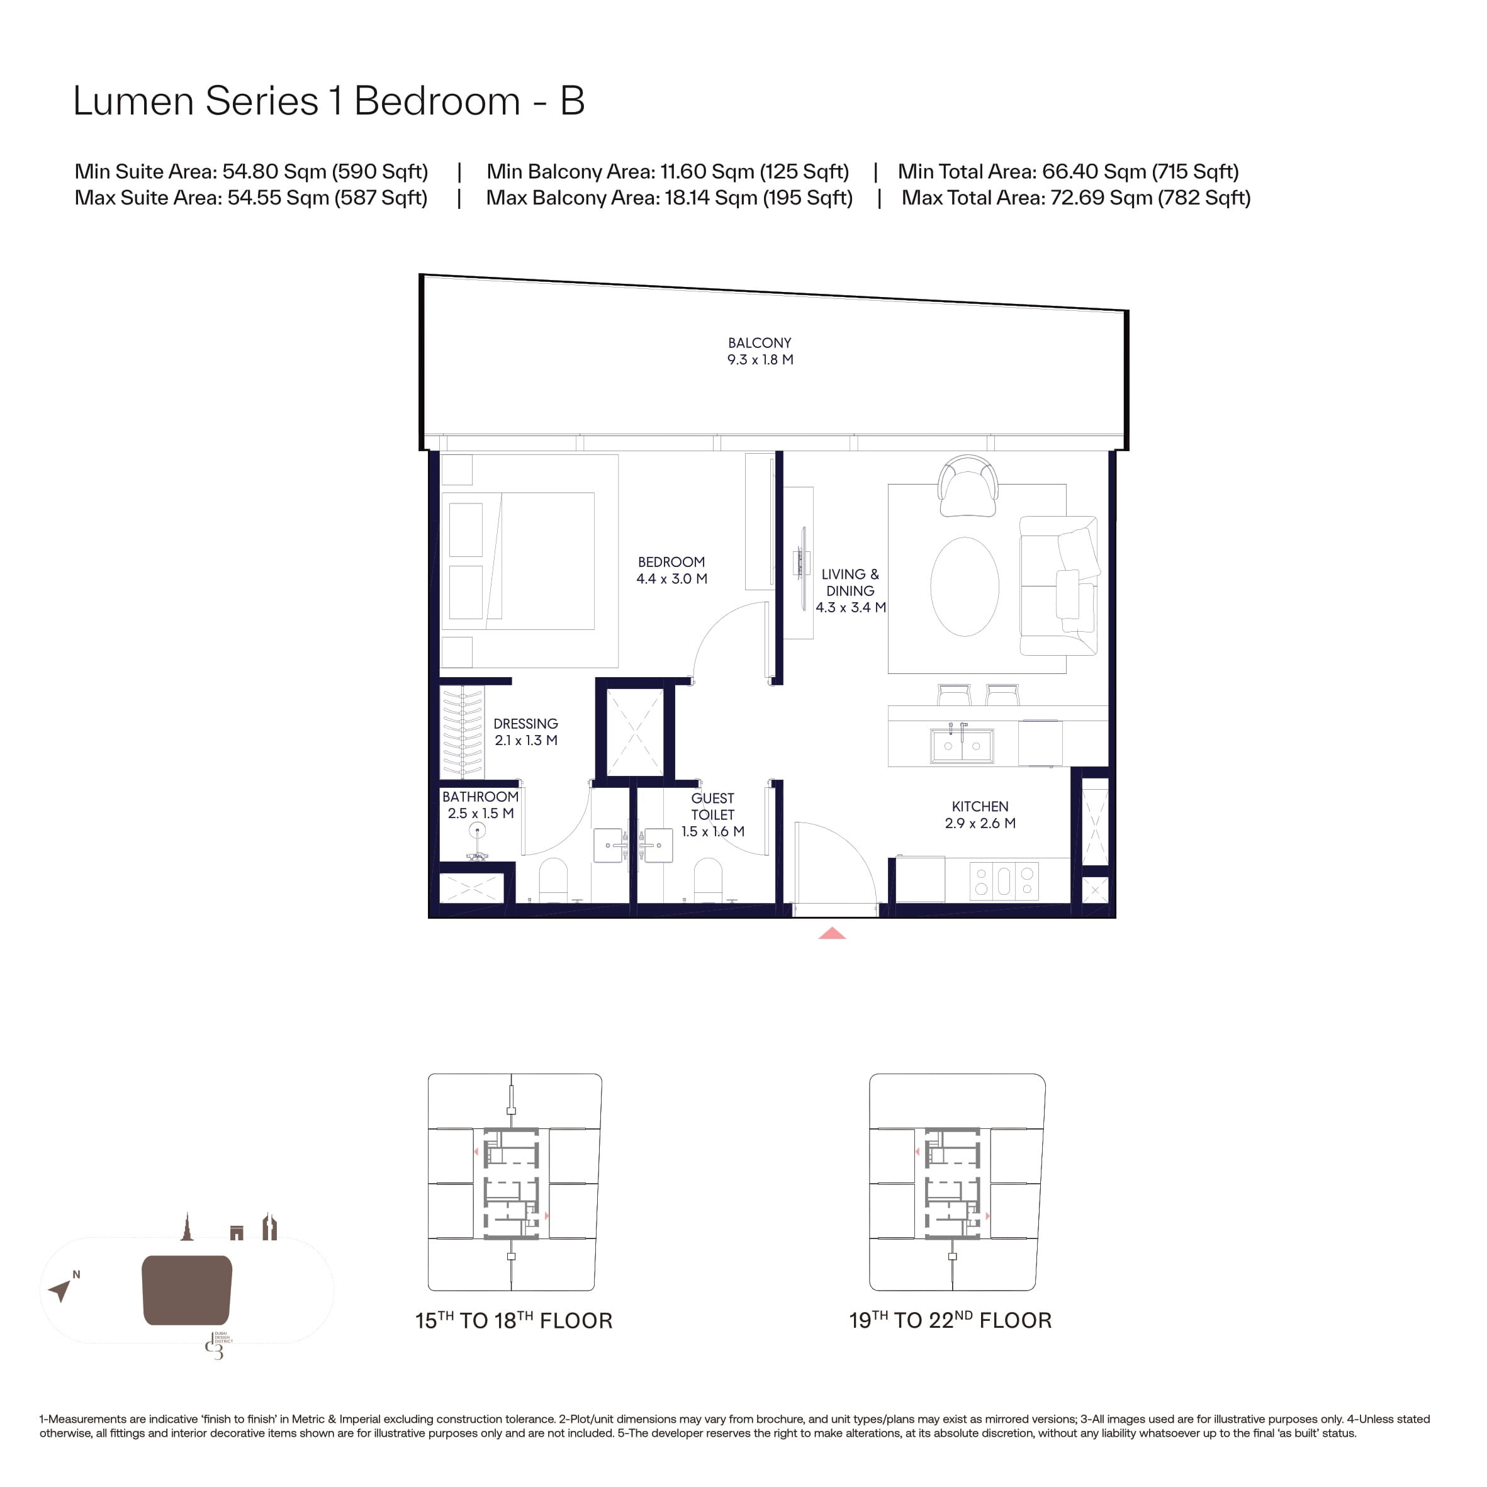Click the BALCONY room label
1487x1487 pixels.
point(760,343)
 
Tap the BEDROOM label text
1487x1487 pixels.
point(671,563)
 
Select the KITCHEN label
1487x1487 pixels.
point(980,807)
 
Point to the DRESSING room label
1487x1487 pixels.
point(525,724)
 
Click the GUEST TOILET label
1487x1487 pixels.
point(713,807)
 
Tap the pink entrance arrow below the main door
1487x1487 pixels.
point(832,934)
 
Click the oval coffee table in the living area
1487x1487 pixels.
point(965,586)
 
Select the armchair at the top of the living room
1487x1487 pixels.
point(968,486)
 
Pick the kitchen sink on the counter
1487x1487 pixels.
point(962,745)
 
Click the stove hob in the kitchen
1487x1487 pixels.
point(1004,881)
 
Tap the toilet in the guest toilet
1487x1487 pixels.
point(708,880)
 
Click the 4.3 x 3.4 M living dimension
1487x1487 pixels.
point(851,607)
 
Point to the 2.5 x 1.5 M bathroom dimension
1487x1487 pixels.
point(480,814)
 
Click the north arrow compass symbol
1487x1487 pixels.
point(60,1289)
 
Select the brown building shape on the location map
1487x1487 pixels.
point(187,1290)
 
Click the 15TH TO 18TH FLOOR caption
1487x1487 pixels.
point(513,1321)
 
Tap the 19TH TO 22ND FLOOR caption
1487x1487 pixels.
point(950,1321)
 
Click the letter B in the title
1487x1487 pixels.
point(572,101)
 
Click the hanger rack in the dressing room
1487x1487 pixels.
point(462,732)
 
